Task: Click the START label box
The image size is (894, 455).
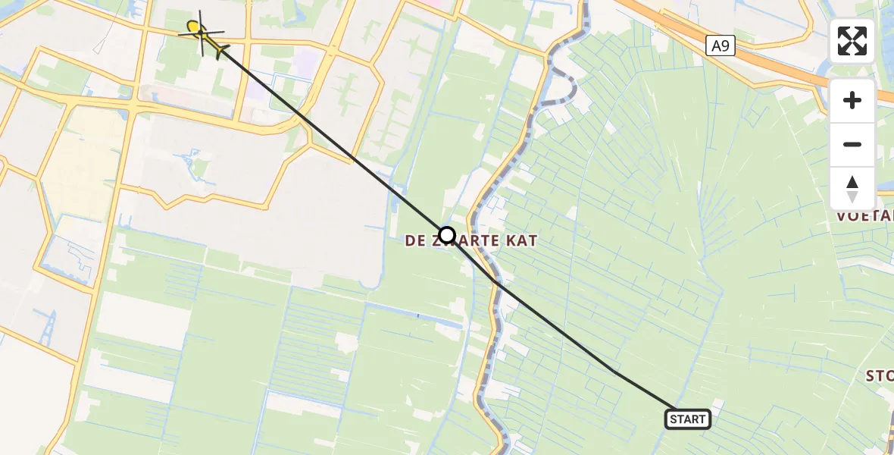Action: pyautogui.click(x=688, y=419)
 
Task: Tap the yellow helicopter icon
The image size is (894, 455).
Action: pyautogui.click(x=202, y=33)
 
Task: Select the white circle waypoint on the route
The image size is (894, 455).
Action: pyautogui.click(x=447, y=235)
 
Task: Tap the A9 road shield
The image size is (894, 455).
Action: pyautogui.click(x=721, y=46)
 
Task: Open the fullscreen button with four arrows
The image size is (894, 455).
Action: pyautogui.click(x=852, y=41)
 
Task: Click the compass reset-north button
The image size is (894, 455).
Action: pyautogui.click(x=852, y=187)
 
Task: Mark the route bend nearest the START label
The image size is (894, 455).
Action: pyautogui.click(x=615, y=372)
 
